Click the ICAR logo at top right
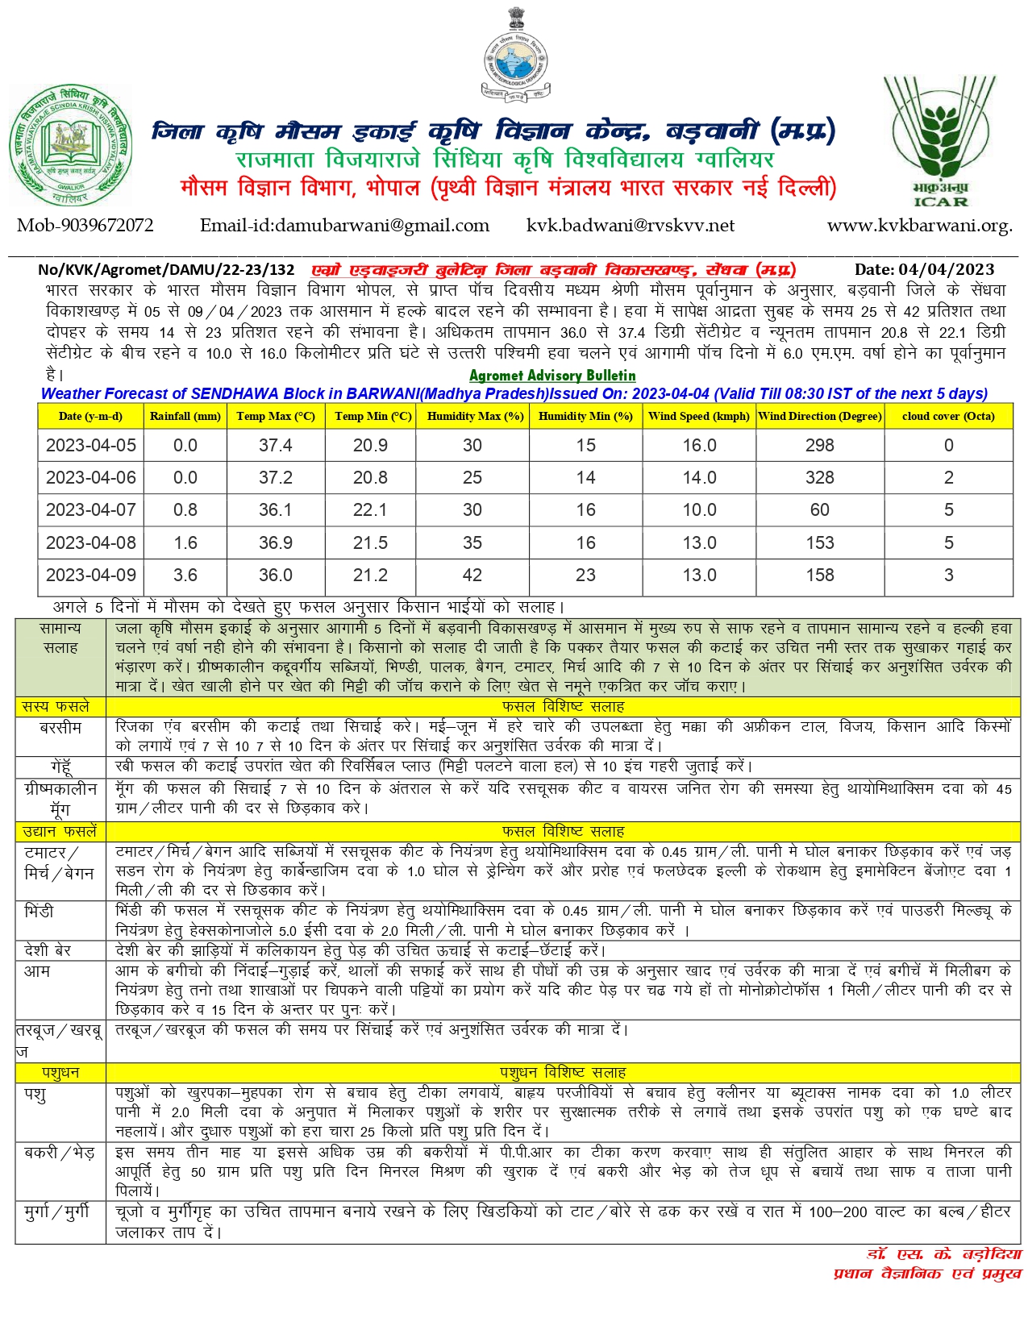coord(940,141)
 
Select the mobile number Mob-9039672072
coord(85,226)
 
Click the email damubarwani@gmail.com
coord(344,226)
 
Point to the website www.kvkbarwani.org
coord(919,226)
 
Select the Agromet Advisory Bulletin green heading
coord(552,376)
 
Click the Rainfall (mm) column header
coord(185,416)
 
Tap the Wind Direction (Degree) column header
coord(820,416)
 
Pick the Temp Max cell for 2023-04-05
coord(275,445)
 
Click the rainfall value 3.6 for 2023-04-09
coord(185,575)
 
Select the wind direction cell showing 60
coord(820,509)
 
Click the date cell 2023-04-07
coord(90,509)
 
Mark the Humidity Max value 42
coord(472,575)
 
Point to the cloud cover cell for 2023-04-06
coord(948,477)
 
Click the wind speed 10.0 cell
coord(699,509)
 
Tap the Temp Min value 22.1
coord(370,509)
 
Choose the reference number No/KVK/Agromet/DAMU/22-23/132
coord(166,269)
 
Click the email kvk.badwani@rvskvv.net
coord(630,226)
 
